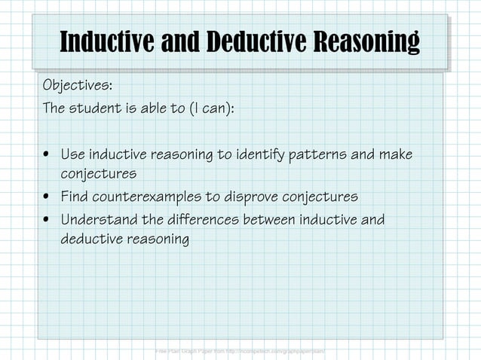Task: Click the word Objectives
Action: [x=77, y=83]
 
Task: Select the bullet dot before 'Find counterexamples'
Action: [x=47, y=198]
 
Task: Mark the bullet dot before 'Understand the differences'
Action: [x=47, y=221]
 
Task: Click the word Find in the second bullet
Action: [x=74, y=197]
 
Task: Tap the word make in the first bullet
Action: [x=396, y=155]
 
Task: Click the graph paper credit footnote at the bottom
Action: [x=240, y=351]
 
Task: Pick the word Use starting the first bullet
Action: [x=72, y=155]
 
